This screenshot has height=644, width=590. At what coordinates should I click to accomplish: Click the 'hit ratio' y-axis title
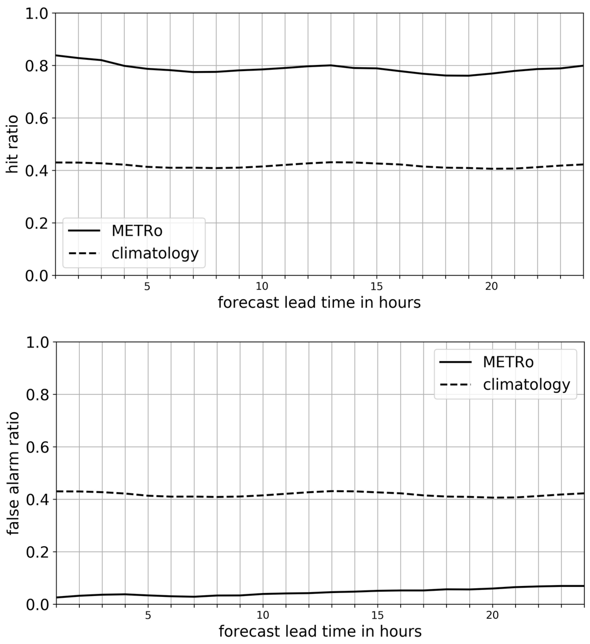tap(12, 145)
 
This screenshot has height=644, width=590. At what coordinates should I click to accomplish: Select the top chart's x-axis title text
tap(319, 302)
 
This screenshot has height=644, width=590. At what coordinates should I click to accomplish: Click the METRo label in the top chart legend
tap(137, 231)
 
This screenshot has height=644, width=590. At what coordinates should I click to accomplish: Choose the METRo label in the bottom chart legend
tap(508, 362)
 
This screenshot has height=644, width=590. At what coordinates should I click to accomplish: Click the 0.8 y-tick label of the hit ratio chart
tap(36, 66)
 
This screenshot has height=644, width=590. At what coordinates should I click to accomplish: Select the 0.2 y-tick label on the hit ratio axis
tap(36, 223)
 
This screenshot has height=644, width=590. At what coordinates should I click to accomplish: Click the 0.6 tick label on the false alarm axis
tap(37, 447)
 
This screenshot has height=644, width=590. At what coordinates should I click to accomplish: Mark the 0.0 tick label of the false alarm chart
tap(37, 605)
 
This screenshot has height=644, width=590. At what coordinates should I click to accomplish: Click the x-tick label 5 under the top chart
tap(147, 287)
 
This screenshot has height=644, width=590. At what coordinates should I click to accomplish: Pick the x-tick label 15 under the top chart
tap(377, 287)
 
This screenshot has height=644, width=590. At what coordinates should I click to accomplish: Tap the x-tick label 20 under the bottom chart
tap(492, 615)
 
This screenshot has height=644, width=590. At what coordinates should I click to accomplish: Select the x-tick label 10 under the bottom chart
tap(263, 615)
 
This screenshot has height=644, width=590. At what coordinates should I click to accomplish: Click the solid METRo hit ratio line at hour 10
tap(262, 69)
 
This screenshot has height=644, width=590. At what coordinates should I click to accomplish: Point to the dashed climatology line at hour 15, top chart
tap(377, 164)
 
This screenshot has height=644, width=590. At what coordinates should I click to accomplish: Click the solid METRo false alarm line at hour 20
tap(492, 588)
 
